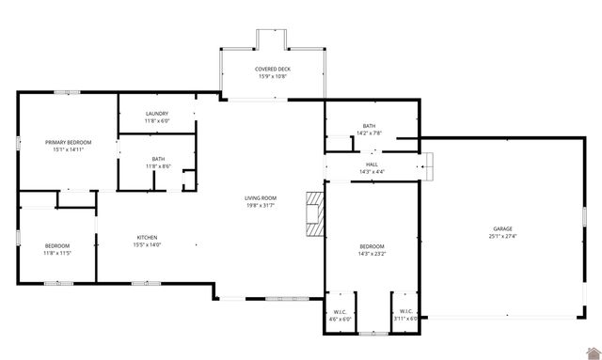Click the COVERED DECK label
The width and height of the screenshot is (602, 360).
tap(272, 69)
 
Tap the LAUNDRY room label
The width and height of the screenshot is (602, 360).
tap(157, 114)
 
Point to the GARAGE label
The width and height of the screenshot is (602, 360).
tap(502, 228)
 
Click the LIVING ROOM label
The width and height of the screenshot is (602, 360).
tap(260, 197)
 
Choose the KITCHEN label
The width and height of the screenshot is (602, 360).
tap(147, 237)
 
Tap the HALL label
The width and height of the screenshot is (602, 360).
tap(372, 164)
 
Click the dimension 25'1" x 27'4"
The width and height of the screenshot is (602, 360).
tap(502, 236)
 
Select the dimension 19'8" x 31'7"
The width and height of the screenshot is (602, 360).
tap(260, 205)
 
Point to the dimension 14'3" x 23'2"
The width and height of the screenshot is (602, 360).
tap(372, 253)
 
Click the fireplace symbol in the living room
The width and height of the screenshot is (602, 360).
tap(314, 214)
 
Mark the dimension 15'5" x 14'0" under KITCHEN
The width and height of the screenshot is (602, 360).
tap(147, 244)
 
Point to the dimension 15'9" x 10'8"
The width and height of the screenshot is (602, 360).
tap(272, 76)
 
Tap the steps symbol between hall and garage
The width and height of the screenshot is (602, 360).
tap(426, 170)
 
